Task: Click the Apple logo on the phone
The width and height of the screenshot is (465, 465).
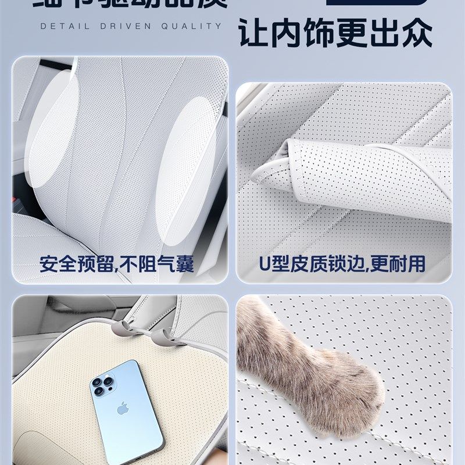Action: (x=122, y=409)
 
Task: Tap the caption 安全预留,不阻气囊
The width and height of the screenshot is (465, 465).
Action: (x=117, y=264)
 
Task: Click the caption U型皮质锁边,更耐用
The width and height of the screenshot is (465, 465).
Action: (x=342, y=264)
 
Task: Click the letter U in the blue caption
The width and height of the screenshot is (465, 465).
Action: (x=264, y=264)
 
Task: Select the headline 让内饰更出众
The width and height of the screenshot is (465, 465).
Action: (x=336, y=34)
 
